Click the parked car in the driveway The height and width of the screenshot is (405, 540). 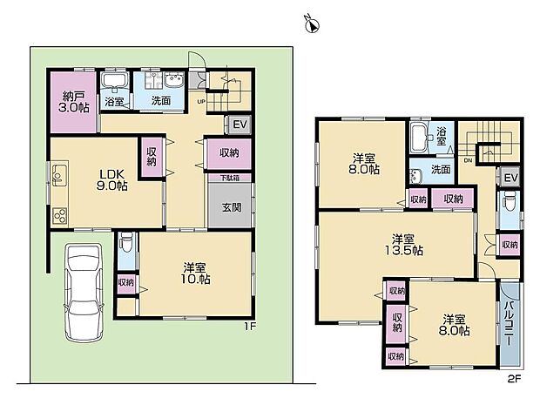80,292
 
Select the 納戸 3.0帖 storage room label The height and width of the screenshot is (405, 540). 72,103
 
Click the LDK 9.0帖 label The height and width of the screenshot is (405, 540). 111,179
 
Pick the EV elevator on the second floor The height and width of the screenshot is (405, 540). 511,179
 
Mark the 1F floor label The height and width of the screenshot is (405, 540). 248,327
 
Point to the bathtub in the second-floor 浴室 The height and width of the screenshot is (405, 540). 419,136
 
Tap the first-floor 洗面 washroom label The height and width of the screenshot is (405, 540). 162,101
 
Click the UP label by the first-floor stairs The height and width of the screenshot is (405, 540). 201,102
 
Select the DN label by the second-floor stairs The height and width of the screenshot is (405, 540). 468,161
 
